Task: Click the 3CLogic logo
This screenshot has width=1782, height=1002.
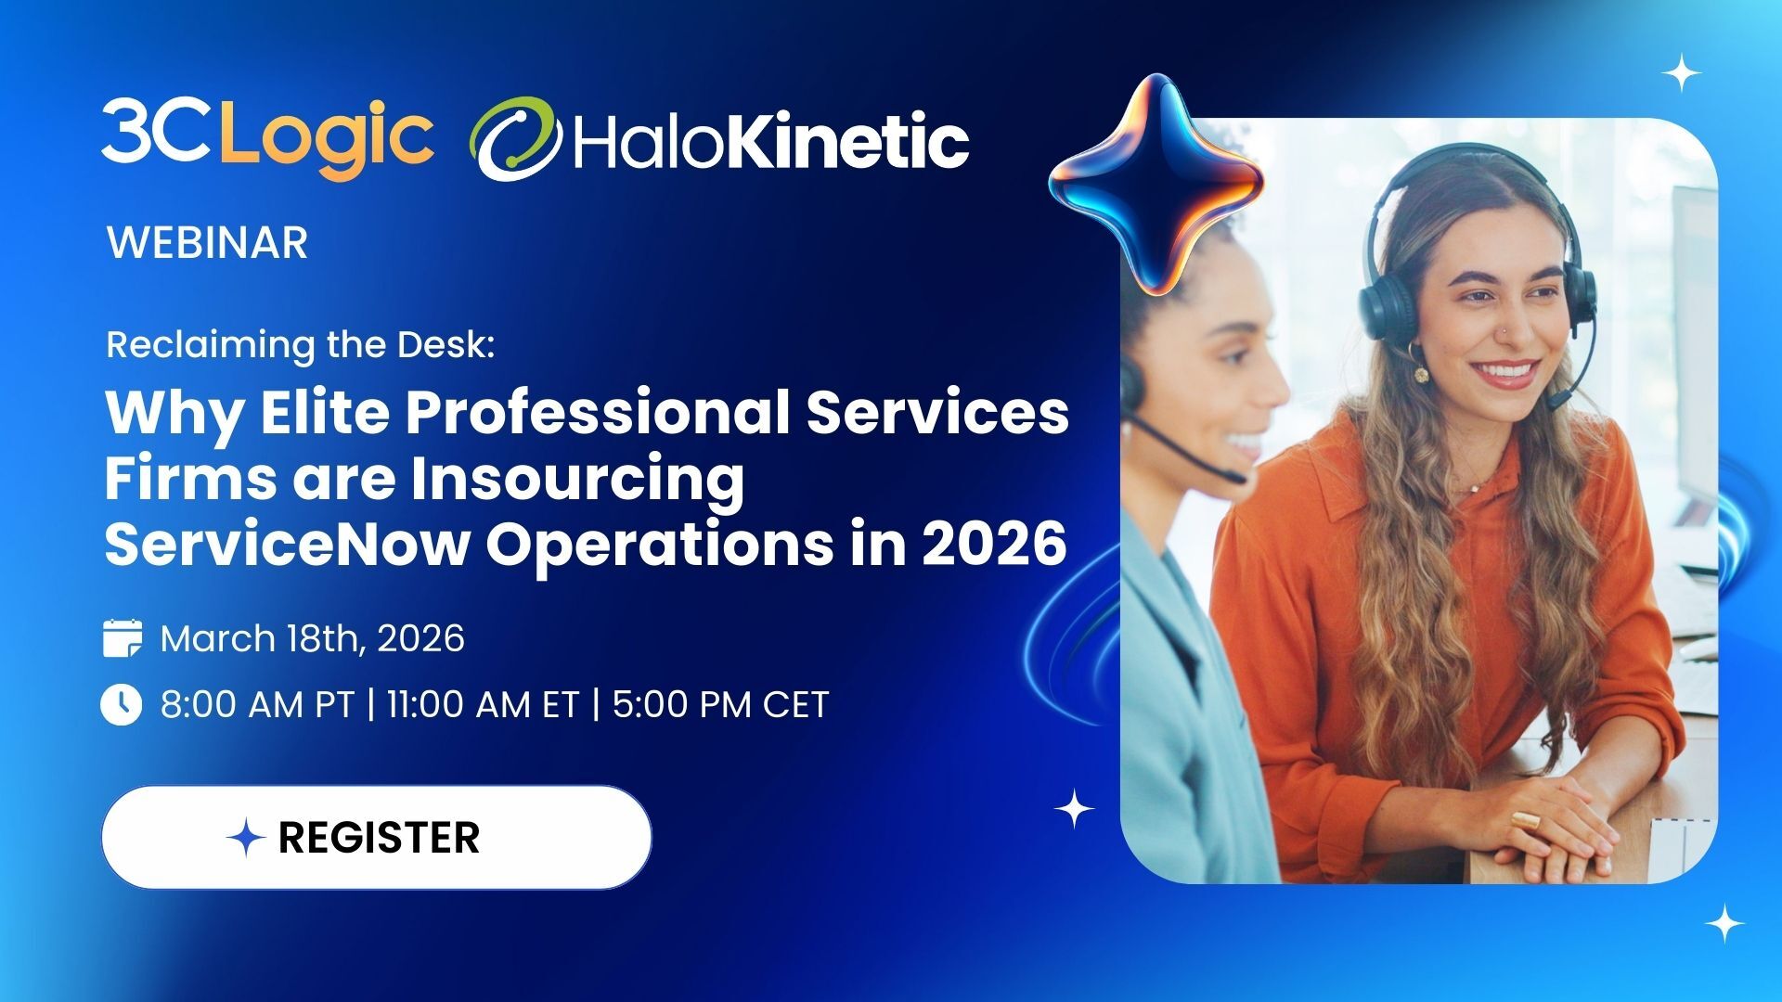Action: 267,139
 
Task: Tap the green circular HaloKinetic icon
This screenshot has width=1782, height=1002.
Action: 516,139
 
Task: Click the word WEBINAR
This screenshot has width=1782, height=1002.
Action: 207,243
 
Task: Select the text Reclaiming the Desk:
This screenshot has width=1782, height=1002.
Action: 301,345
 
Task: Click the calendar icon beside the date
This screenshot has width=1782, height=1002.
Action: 122,638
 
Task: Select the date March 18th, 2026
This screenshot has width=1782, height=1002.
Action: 312,638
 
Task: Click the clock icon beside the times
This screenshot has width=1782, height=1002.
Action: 122,704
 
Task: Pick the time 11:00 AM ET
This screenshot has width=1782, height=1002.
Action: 483,704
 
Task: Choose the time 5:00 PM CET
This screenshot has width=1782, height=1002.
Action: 720,704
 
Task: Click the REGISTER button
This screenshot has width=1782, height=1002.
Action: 376,838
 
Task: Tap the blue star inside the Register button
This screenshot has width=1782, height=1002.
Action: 247,838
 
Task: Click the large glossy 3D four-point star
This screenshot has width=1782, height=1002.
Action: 1156,186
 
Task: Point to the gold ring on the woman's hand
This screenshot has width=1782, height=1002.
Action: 1524,820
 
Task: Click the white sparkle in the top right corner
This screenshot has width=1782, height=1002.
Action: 1681,73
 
